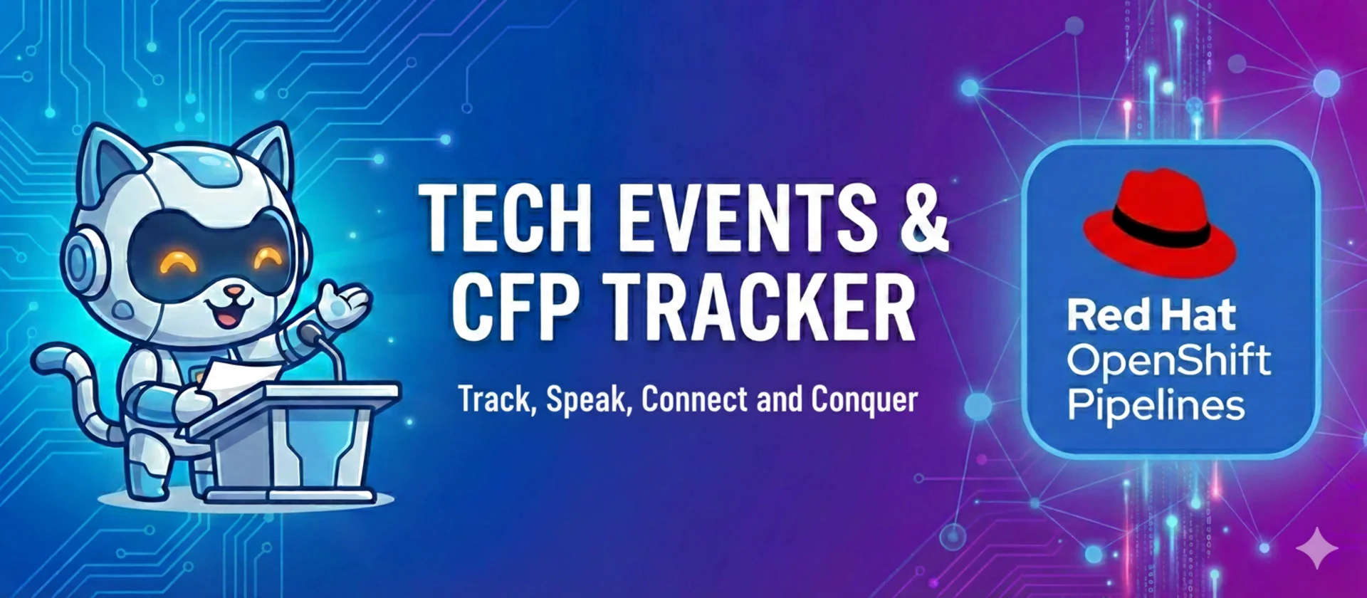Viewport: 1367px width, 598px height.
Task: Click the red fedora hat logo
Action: [1159, 224]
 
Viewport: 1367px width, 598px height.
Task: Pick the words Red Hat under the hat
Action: [1151, 315]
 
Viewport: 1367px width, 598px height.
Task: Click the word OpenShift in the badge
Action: [1168, 361]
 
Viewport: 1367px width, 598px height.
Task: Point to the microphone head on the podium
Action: [310, 332]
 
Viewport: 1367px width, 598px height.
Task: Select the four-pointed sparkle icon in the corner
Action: [1316, 547]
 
